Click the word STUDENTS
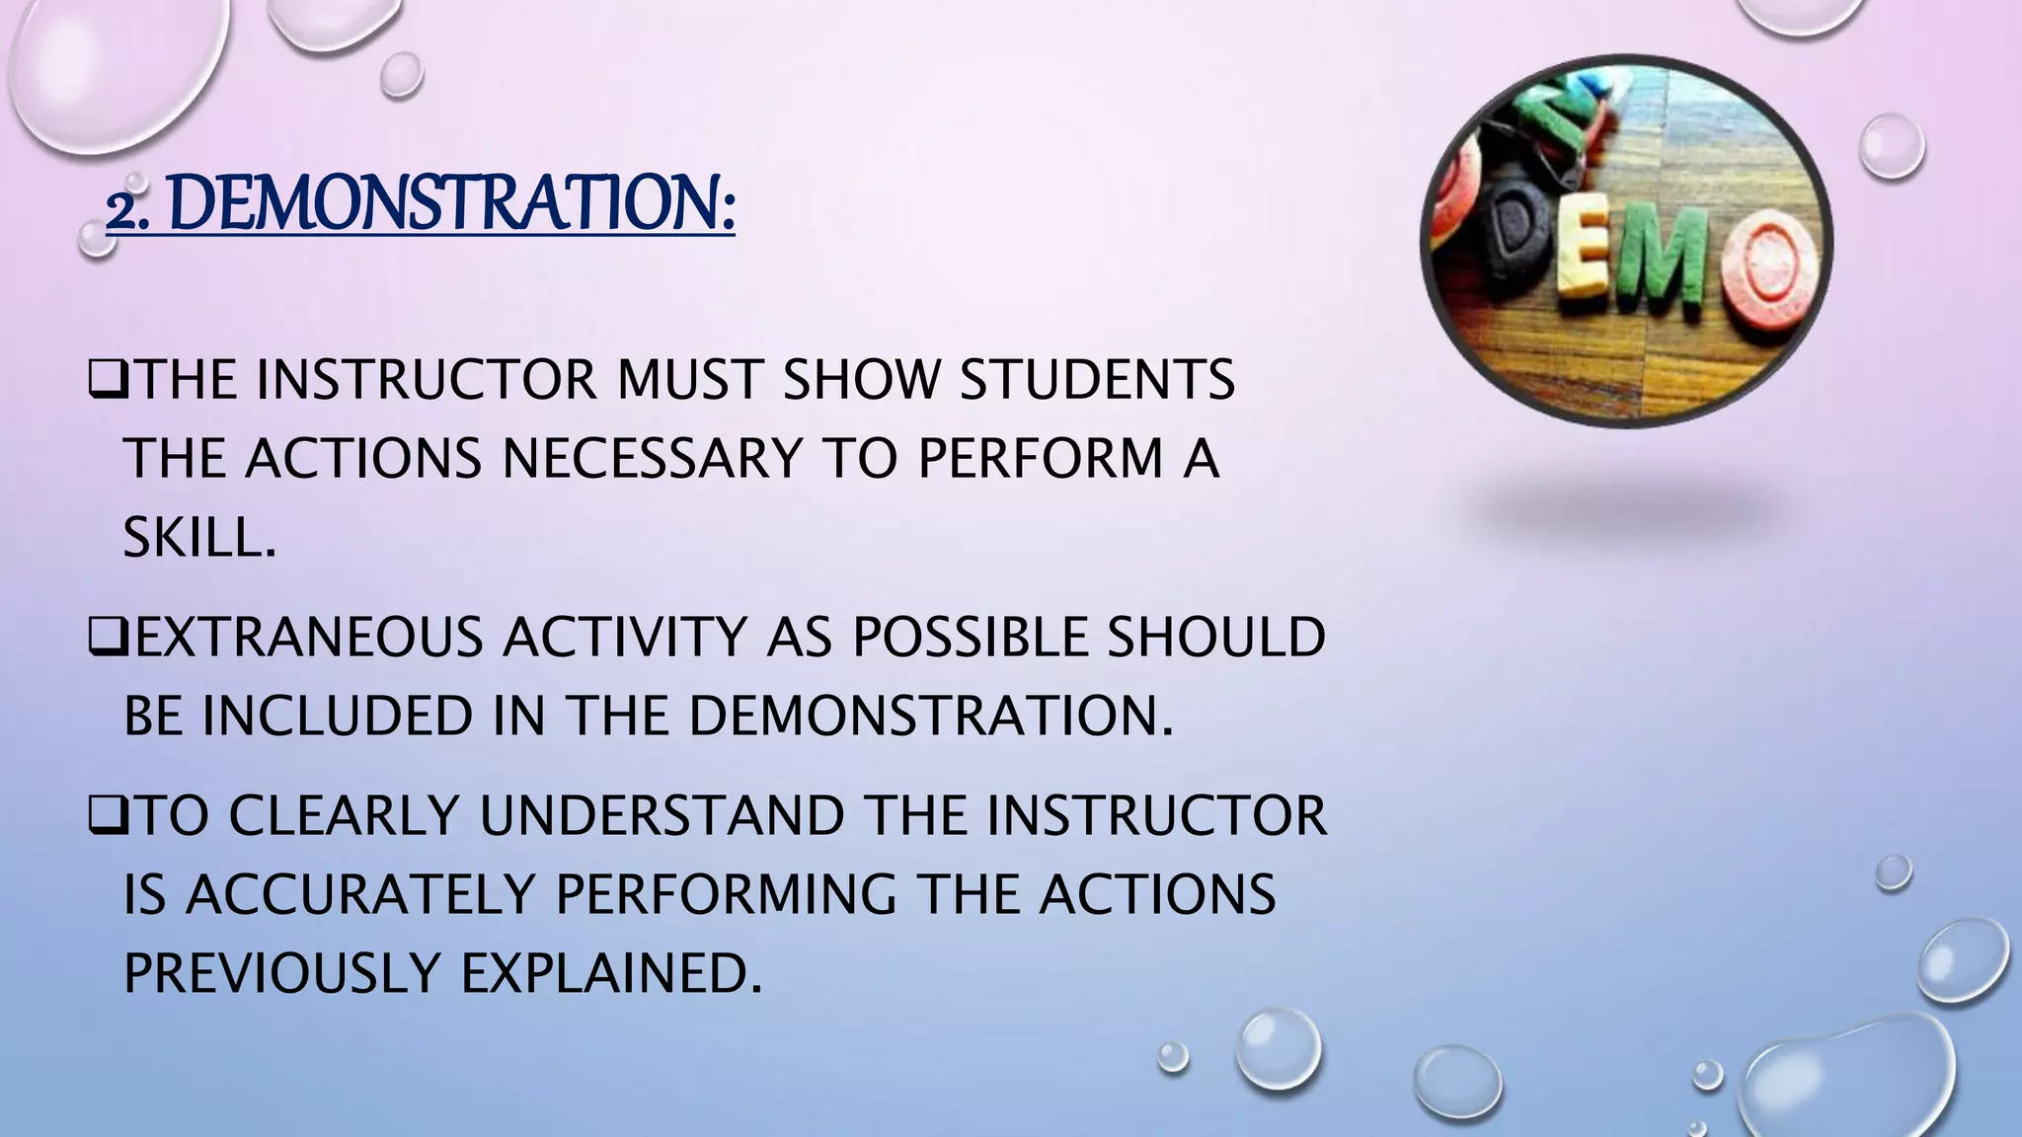(x=1097, y=380)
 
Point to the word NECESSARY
(x=652, y=459)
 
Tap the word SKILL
(x=197, y=539)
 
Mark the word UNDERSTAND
(x=662, y=816)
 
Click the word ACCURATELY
(x=360, y=895)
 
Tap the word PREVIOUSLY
(x=281, y=974)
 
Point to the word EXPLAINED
(x=611, y=974)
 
